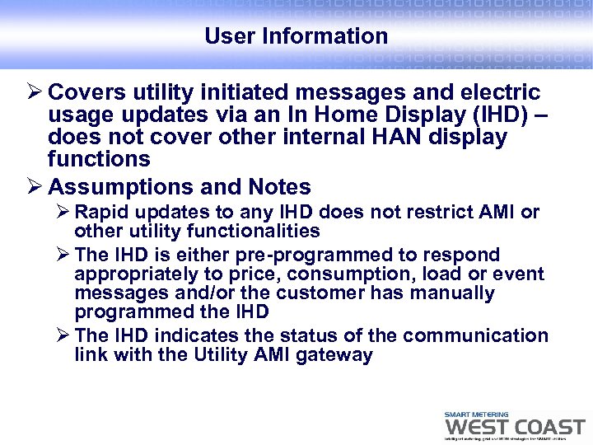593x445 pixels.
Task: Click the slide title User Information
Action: tap(296, 36)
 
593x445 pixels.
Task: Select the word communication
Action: tap(475, 336)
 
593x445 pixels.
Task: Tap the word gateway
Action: tap(339, 355)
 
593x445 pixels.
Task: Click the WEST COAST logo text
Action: tap(515, 428)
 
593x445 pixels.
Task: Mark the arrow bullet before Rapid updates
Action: tap(61, 213)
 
